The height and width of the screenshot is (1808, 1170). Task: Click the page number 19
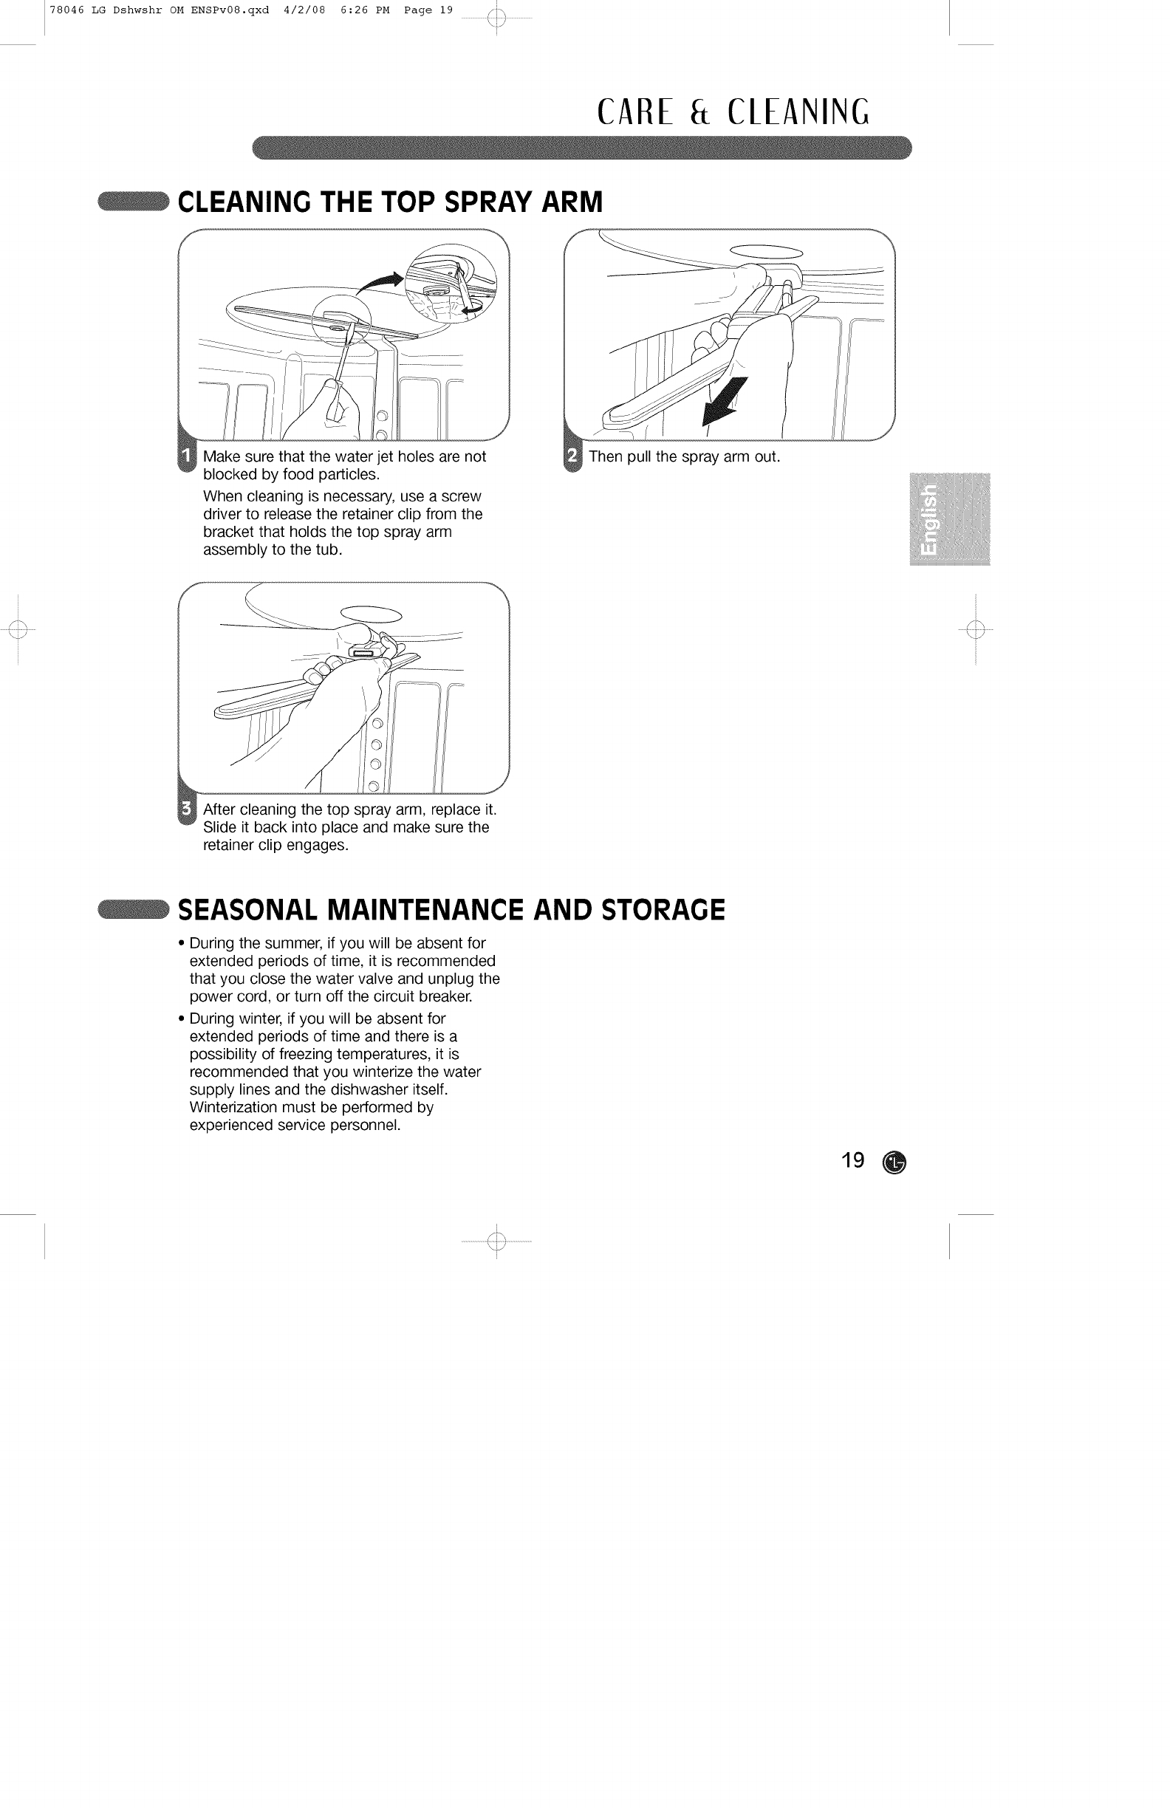pos(852,1161)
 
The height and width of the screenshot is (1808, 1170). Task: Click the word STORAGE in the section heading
pos(663,909)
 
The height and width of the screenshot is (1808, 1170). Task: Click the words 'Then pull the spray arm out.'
pos(684,456)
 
